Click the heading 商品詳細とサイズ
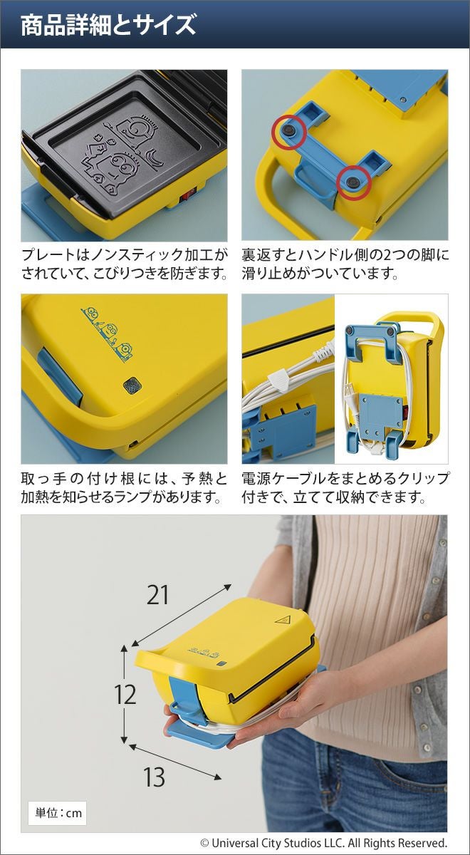pyautogui.click(x=108, y=25)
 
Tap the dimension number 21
pyautogui.click(x=157, y=595)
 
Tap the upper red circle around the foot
pyautogui.click(x=289, y=132)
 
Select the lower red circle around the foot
pyautogui.click(x=355, y=182)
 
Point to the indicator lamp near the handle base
pyautogui.click(x=131, y=385)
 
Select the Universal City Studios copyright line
pyautogui.click(x=323, y=842)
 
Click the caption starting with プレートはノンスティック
pyautogui.click(x=125, y=264)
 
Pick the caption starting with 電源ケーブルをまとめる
pyautogui.click(x=345, y=488)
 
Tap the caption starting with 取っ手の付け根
pyautogui.click(x=125, y=488)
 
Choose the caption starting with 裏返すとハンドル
pyautogui.click(x=345, y=264)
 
